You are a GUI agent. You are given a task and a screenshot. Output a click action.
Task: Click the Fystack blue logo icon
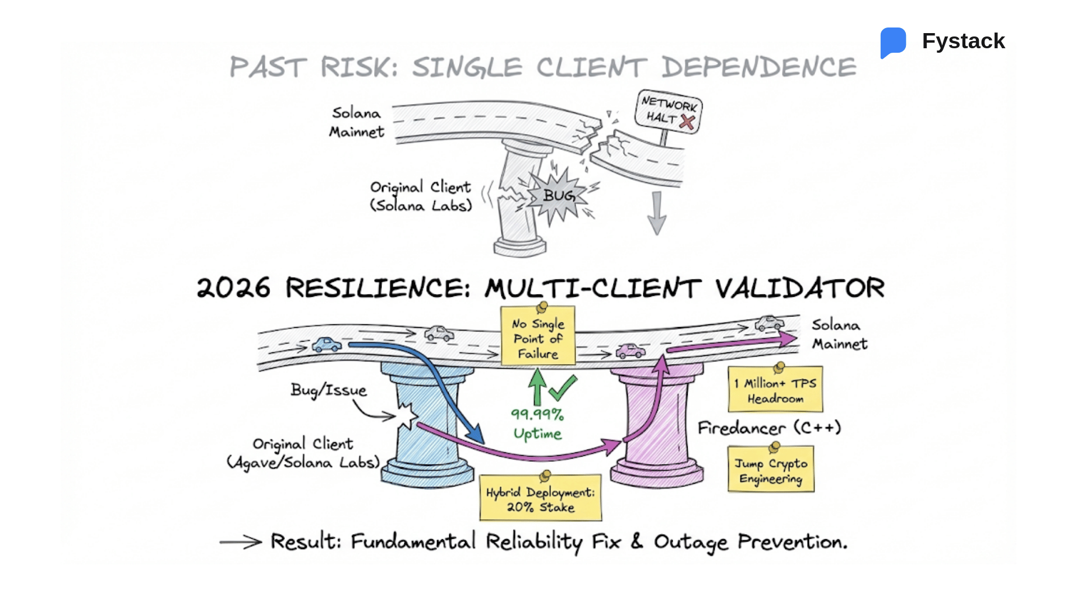pos(894,42)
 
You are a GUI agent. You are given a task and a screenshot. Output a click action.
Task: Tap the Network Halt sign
pos(669,111)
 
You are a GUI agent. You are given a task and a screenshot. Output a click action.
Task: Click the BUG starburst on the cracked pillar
pos(558,196)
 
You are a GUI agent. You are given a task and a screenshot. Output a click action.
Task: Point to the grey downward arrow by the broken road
pos(657,213)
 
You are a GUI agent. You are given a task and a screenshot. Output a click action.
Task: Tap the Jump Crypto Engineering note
pos(771,470)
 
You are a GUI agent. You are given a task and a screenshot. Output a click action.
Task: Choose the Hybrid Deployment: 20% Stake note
pos(540,499)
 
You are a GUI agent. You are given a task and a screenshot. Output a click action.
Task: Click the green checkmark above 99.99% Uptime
pos(563,388)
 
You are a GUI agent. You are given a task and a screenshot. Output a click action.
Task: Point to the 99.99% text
pos(537,415)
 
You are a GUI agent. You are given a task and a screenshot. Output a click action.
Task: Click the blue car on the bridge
pos(326,345)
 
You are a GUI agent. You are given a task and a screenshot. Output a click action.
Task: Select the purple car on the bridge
pos(630,351)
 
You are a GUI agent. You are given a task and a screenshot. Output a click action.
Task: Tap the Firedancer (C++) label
pos(769,428)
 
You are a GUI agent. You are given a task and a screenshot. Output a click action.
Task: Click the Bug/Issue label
pos(329,390)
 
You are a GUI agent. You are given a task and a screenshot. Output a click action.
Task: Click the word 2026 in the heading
pos(233,288)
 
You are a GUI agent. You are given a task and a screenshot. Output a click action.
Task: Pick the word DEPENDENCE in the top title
pos(758,67)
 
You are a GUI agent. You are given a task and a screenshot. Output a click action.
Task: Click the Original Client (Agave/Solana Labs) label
pos(303,453)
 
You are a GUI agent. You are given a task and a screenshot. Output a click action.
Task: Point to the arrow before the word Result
pos(240,542)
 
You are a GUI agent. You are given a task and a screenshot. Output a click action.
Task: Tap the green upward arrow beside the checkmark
pos(537,387)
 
